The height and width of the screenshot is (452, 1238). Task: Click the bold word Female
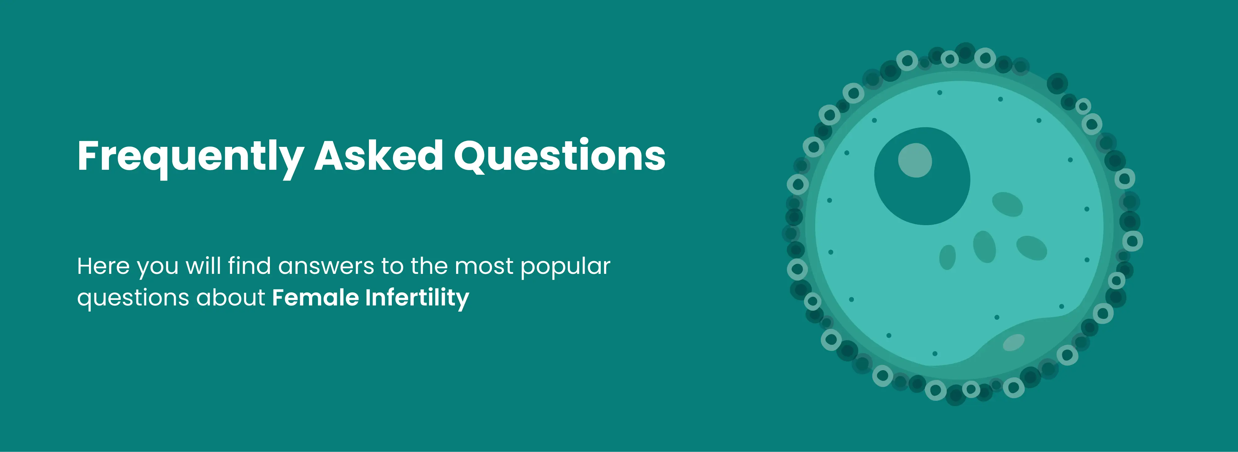315,297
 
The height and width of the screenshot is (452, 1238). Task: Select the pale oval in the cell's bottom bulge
1014,342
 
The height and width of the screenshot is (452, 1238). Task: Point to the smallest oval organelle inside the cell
947,257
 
